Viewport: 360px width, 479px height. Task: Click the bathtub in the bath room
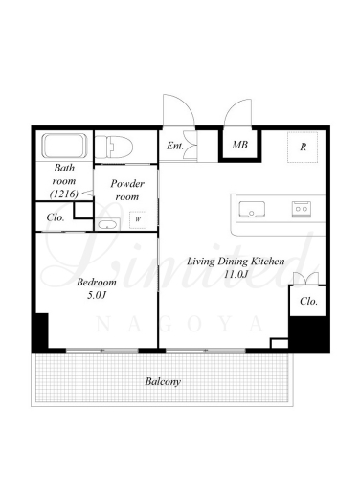(x=64, y=146)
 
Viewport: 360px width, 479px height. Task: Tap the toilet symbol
(x=114, y=147)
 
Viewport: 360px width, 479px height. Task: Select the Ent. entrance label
(x=175, y=146)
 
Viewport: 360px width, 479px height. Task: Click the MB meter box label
(x=239, y=145)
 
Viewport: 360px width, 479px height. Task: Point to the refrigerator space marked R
(x=303, y=148)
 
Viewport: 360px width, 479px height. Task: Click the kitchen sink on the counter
(x=252, y=209)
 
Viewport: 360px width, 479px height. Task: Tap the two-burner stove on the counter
(x=301, y=209)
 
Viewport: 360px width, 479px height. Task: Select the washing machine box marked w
(x=138, y=219)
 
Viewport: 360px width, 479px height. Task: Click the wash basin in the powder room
(x=107, y=225)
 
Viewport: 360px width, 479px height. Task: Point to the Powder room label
(x=127, y=190)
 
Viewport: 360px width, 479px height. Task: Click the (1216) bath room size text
(x=64, y=194)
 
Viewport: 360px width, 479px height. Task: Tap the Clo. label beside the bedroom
(x=56, y=217)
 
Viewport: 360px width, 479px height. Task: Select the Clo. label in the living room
(x=308, y=301)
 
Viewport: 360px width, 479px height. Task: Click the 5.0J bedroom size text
(x=97, y=295)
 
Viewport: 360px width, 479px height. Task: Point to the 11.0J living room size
(x=236, y=274)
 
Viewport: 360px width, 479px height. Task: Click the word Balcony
(x=163, y=381)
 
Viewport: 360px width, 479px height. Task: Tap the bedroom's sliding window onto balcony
(x=102, y=351)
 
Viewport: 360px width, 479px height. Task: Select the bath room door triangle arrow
(x=88, y=193)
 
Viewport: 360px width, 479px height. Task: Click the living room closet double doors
(x=305, y=279)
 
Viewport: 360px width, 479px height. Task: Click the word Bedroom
(x=97, y=282)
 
